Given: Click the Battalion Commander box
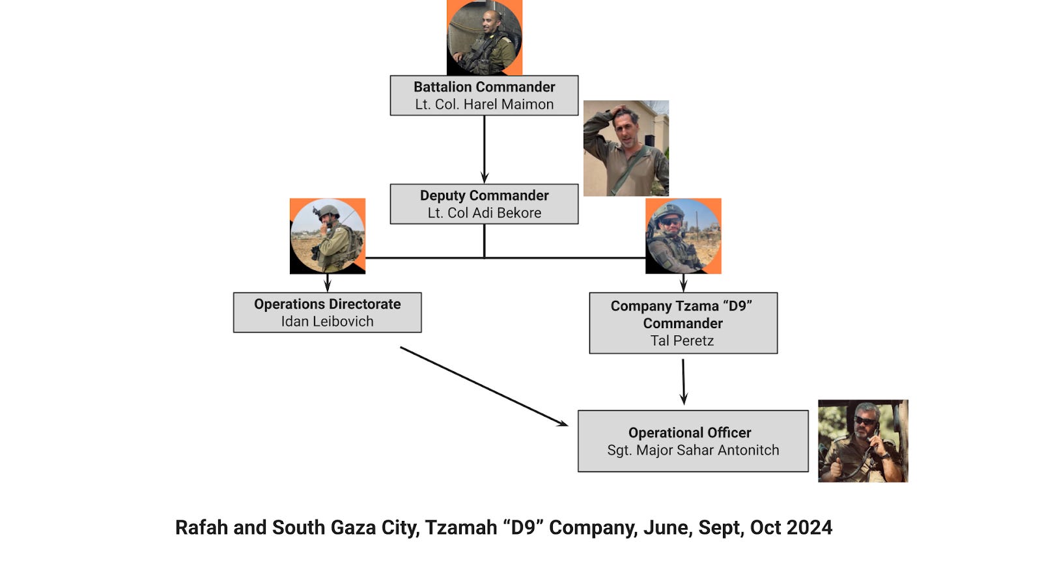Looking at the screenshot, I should [484, 95].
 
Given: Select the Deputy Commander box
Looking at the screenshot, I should [484, 204].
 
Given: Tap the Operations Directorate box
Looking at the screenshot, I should [327, 313].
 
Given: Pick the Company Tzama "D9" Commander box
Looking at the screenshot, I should [683, 323].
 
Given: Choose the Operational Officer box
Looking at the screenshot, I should [692, 441].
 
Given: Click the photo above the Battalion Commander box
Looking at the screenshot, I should [484, 38].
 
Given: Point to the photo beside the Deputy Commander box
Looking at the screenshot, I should [626, 148].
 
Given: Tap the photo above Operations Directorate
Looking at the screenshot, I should [327, 236].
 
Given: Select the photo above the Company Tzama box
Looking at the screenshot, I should [683, 236].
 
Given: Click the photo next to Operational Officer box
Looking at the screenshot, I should [862, 441].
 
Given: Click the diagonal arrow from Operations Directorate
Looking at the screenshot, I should [483, 386].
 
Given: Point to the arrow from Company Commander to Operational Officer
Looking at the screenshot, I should [683, 382].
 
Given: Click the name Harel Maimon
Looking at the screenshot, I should [509, 104].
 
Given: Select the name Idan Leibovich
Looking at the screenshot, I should [327, 321].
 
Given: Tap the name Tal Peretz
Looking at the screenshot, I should [682, 341].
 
